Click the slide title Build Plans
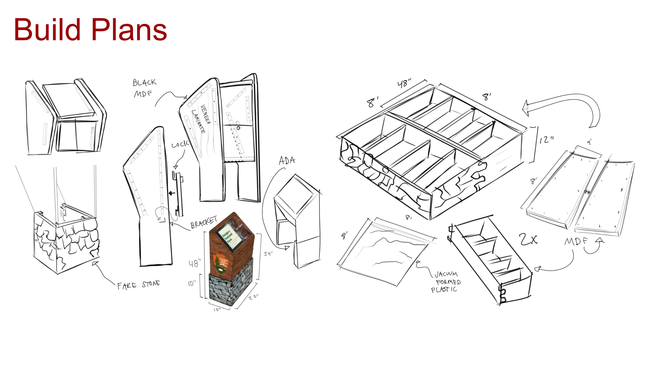point(90,30)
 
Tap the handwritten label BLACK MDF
point(144,88)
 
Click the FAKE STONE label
point(138,285)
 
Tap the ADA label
point(287,161)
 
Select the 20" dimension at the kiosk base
point(253,297)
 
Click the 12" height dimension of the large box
point(546,140)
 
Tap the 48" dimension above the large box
point(404,83)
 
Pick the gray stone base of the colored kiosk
point(230,287)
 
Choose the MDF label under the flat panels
point(576,241)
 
